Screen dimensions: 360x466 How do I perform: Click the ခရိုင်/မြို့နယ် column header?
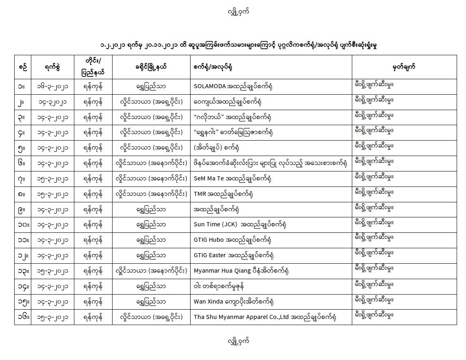pos(151,67)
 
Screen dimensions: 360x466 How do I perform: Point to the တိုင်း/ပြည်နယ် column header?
pos(93,67)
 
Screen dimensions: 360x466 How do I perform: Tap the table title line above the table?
pos(233,44)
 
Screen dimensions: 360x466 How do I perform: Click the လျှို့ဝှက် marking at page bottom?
pos(238,341)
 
